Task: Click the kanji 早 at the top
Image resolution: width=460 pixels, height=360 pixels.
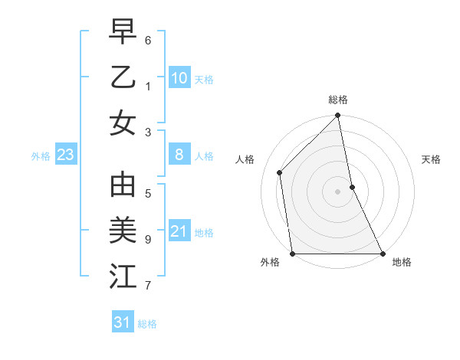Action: click(x=123, y=31)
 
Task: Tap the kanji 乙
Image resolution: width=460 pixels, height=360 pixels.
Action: click(x=123, y=77)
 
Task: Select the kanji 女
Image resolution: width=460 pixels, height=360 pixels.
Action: click(x=123, y=122)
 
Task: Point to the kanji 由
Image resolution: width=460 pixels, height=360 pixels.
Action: click(x=123, y=186)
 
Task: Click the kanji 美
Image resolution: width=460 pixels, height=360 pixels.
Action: click(x=123, y=231)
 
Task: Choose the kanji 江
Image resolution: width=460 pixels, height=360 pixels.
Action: click(x=123, y=277)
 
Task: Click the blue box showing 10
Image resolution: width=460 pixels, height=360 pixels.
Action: click(x=179, y=77)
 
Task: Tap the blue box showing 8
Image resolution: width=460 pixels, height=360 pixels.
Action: click(x=179, y=155)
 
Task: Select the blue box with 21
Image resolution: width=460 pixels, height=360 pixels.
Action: click(x=179, y=231)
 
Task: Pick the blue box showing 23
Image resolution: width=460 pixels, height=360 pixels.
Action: click(x=66, y=155)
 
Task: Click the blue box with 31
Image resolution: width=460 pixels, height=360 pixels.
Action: click(x=123, y=322)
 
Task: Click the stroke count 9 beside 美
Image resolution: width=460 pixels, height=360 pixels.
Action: click(x=148, y=239)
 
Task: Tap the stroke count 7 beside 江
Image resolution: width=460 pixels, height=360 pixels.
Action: click(x=148, y=285)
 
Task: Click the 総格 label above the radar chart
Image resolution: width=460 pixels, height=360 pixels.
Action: click(x=338, y=100)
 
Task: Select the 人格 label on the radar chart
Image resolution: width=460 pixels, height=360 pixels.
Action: click(x=245, y=159)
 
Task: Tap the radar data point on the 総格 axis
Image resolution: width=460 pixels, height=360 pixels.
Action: click(x=338, y=116)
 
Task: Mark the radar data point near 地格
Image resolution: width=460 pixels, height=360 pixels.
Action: click(x=383, y=254)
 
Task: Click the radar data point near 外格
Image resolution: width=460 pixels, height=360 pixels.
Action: click(x=293, y=254)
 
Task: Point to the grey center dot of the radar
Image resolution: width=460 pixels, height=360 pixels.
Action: click(x=338, y=191)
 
